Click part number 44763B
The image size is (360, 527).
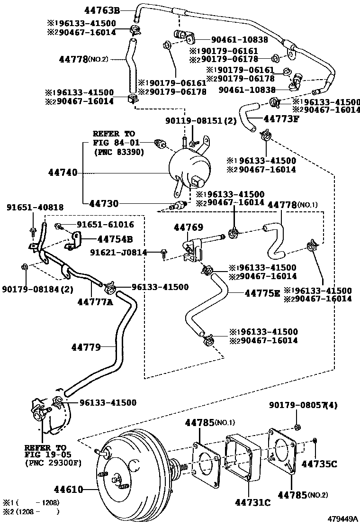[x=102, y=9]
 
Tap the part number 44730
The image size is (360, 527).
[x=104, y=203]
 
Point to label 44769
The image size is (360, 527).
[x=188, y=227]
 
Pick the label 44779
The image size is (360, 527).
[x=86, y=347]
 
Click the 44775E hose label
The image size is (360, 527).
[x=262, y=293]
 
